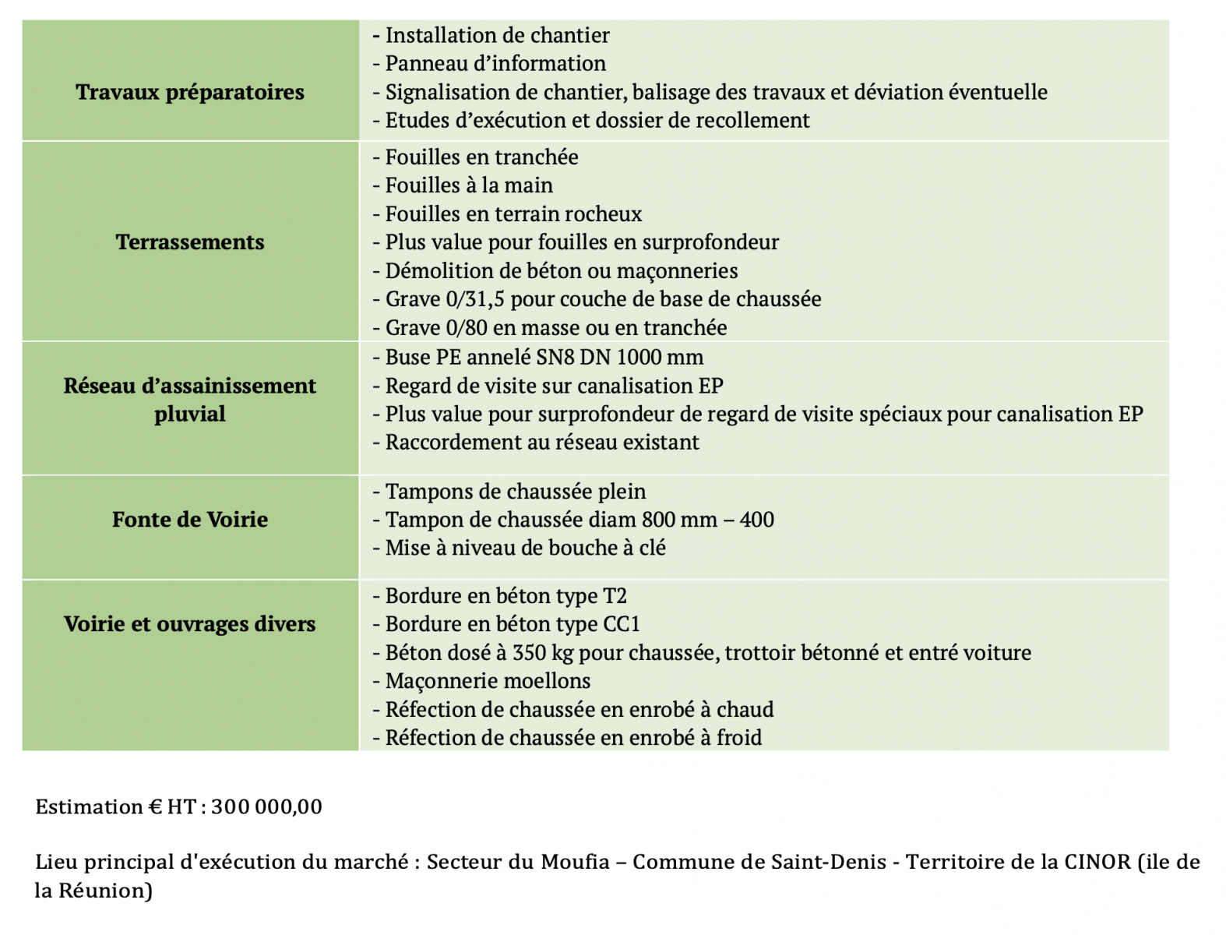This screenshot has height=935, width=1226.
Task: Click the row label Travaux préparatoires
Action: click(x=190, y=92)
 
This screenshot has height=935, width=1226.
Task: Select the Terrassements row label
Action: click(x=190, y=242)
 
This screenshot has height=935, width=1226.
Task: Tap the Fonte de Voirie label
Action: click(x=190, y=520)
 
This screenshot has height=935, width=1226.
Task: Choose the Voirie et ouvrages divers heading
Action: click(x=190, y=624)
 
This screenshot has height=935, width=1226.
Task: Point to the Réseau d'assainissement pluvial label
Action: click(x=190, y=400)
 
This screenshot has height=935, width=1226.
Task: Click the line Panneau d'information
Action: click(x=495, y=64)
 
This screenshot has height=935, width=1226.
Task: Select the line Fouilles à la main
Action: click(x=469, y=185)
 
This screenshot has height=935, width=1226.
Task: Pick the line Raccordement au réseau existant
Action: click(x=542, y=443)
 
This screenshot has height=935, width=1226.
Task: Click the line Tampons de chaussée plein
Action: click(x=516, y=492)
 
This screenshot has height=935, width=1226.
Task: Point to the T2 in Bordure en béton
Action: click(x=615, y=596)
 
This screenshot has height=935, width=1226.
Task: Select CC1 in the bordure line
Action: click(x=622, y=624)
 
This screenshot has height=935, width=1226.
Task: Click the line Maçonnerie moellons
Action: click(x=488, y=681)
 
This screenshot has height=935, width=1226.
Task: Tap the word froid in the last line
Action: click(x=739, y=738)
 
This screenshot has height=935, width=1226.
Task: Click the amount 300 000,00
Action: click(x=266, y=807)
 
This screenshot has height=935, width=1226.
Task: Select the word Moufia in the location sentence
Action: click(x=575, y=863)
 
